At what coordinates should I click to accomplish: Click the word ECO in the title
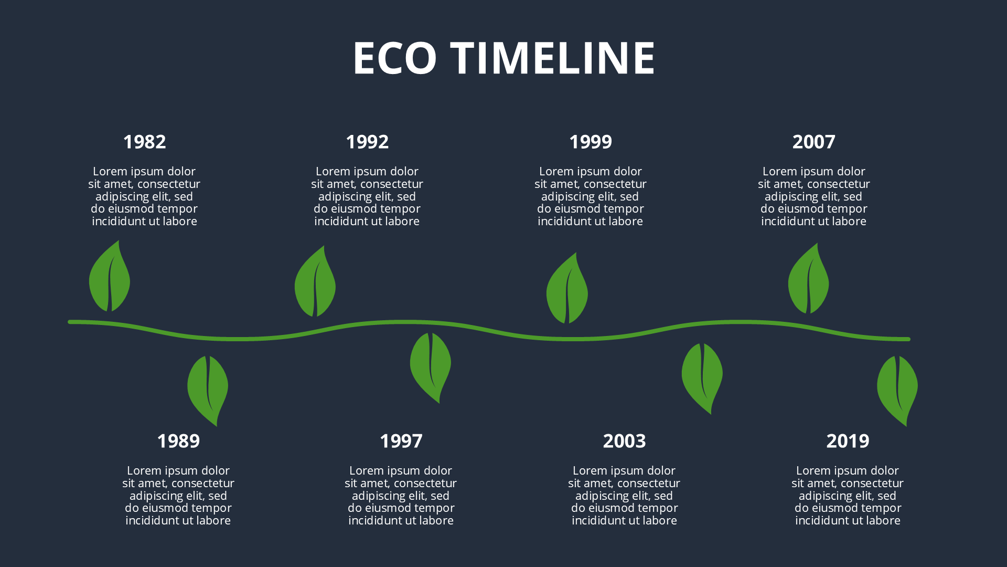(x=395, y=58)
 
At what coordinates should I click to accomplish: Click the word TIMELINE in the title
(x=553, y=58)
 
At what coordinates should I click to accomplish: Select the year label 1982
(x=144, y=142)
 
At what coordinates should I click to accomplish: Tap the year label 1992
(x=367, y=142)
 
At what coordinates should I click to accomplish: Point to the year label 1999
(x=591, y=142)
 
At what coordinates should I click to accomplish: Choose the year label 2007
(x=813, y=142)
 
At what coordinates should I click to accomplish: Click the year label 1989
(x=178, y=441)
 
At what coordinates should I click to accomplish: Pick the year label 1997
(x=401, y=441)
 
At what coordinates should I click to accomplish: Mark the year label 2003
(x=624, y=441)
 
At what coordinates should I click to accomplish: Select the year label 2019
(x=848, y=441)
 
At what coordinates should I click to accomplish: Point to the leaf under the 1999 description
(x=567, y=290)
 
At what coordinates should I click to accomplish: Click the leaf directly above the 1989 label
(x=208, y=388)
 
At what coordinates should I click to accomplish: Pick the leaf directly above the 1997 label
(x=430, y=365)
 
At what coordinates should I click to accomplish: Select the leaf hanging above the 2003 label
(x=702, y=376)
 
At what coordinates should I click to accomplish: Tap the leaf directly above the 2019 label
(x=897, y=388)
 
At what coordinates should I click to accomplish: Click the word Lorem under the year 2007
(x=779, y=172)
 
